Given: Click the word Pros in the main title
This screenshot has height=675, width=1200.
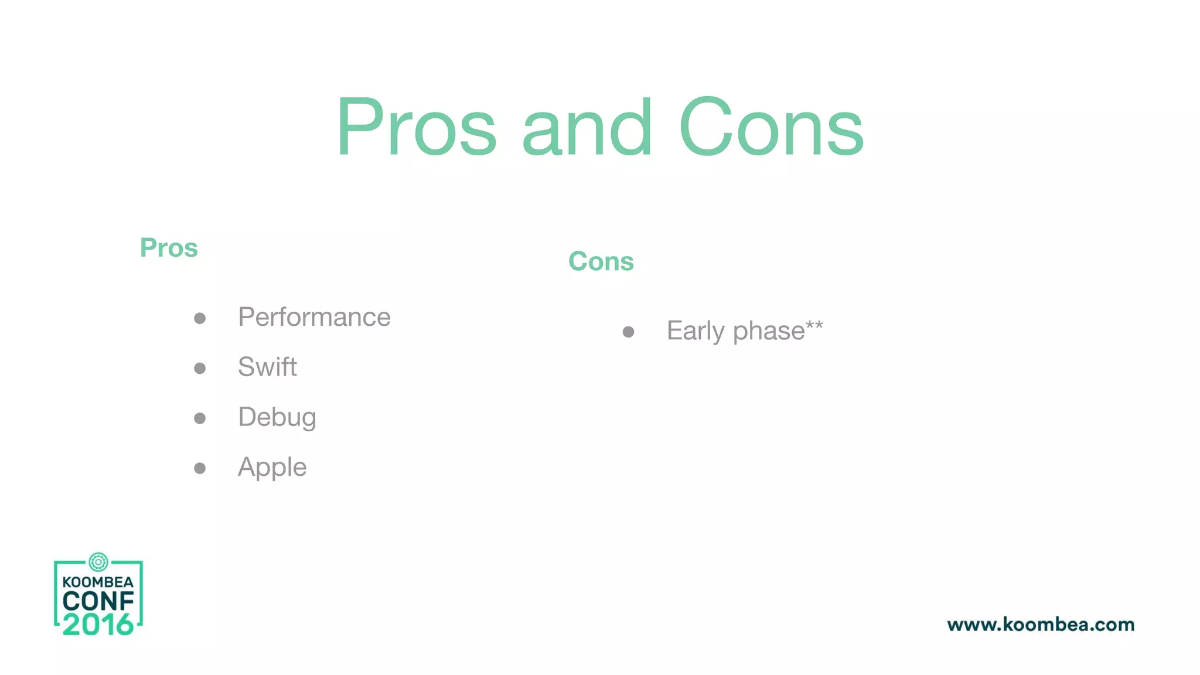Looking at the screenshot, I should tap(417, 128).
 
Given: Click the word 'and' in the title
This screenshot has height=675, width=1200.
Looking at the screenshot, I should tap(587, 128).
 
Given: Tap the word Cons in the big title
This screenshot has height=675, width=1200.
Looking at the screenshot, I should tap(771, 128).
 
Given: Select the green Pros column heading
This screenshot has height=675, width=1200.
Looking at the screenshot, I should tap(169, 248).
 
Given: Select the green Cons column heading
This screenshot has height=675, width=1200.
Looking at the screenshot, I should tap(601, 261).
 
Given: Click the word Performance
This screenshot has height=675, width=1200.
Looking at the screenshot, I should tap(314, 318).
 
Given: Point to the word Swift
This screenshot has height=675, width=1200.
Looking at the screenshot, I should tap(267, 367).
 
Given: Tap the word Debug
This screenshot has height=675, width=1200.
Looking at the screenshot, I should tap(277, 417).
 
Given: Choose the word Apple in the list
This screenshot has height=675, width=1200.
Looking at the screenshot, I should tap(272, 468).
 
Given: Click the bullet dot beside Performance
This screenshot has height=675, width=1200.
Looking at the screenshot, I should tap(200, 318).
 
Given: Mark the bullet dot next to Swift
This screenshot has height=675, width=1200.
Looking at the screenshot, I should tap(200, 368).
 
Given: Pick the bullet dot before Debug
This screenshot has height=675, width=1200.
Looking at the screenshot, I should tap(200, 418).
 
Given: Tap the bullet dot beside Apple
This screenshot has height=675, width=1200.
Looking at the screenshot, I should tap(200, 468).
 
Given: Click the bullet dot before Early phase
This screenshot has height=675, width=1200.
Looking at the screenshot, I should tap(628, 332).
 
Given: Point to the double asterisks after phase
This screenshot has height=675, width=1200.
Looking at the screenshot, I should tap(814, 325).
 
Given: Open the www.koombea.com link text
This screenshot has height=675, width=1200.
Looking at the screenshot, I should tap(1041, 625).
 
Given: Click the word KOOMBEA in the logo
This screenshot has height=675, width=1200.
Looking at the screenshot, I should tap(98, 582).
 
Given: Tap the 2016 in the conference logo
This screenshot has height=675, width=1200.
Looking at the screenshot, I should tap(98, 625).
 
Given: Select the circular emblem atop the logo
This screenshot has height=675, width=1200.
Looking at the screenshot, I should tap(98, 562).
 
